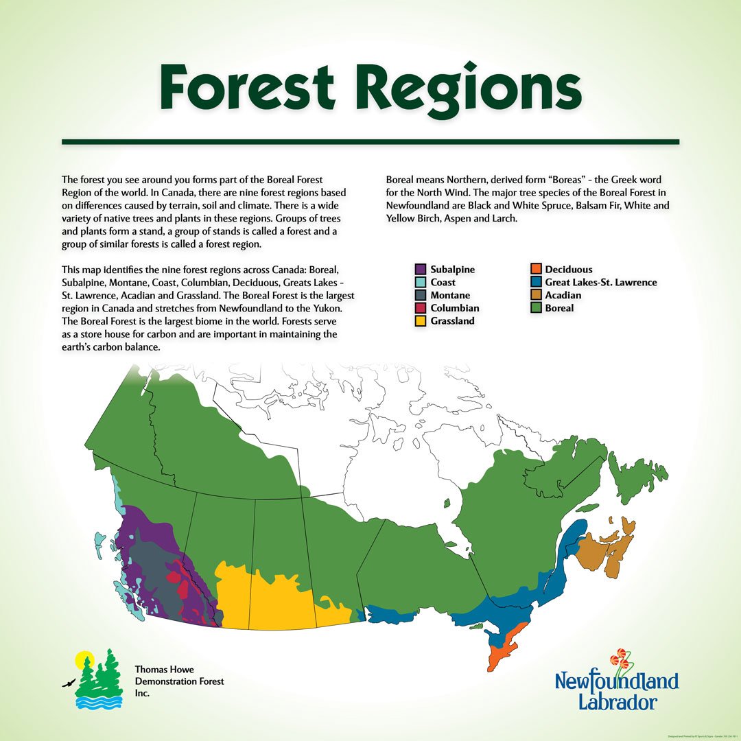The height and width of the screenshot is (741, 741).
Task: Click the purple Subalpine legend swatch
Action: tap(421, 270)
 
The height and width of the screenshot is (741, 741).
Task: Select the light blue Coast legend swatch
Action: tap(421, 282)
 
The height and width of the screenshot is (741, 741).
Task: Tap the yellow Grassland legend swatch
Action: tap(421, 320)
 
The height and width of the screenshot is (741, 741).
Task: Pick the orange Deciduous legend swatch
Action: tap(535, 270)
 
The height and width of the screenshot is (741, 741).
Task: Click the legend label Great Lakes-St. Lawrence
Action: tap(601, 282)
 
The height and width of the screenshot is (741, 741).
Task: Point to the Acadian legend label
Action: tap(563, 295)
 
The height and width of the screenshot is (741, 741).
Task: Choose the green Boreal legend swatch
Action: tap(535, 308)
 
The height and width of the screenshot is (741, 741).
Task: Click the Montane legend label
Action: tap(450, 295)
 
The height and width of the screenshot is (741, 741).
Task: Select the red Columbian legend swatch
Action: tap(421, 308)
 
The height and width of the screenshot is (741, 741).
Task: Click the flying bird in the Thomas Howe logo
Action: tap(68, 683)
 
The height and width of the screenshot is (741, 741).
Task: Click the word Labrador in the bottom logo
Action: tap(617, 702)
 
